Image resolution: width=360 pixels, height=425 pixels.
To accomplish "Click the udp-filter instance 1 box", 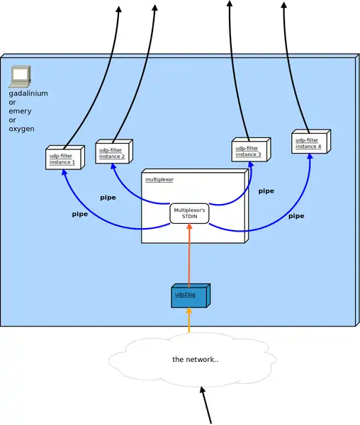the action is click(65, 158).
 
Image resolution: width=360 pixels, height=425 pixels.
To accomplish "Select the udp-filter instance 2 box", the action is click(114, 152).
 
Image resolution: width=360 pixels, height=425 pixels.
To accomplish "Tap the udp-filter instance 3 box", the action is click(251, 150).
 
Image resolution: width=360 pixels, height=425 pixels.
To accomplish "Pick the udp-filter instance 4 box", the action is click(311, 142).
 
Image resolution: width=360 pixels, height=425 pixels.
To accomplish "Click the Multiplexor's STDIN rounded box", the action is click(189, 214).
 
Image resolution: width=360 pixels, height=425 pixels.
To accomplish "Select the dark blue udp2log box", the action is click(191, 295).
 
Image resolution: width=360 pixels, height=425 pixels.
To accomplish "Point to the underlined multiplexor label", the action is click(159, 179).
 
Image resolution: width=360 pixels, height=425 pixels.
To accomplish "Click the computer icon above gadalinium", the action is click(20, 76).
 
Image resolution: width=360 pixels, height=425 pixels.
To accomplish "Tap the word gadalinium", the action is click(28, 93).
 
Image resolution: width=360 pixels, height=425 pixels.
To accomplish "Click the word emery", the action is click(20, 111).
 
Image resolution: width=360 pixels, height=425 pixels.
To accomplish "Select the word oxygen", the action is click(21, 129).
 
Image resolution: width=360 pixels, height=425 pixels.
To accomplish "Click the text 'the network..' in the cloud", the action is click(195, 359).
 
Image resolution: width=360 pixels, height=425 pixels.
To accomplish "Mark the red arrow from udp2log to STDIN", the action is click(189, 255).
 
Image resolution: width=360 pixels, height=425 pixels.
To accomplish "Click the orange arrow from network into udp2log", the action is click(189, 320).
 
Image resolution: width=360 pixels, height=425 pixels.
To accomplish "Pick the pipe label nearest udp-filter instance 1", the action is click(79, 214).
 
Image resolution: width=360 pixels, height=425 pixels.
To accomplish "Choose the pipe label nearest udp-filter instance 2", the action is click(108, 198).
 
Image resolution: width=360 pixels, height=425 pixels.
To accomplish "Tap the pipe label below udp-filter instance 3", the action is click(266, 191).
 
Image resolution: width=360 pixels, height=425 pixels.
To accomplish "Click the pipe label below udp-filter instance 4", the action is click(296, 216).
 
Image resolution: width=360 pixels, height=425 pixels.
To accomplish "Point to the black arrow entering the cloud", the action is click(206, 405).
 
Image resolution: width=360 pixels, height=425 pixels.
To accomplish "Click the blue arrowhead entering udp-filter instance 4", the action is click(310, 157).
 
